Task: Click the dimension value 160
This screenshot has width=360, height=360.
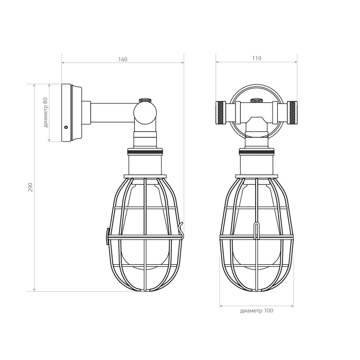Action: (122, 59)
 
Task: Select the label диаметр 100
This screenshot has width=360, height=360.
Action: (257, 311)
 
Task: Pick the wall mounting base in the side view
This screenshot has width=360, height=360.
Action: (70, 113)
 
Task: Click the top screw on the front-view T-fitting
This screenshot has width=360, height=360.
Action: (255, 100)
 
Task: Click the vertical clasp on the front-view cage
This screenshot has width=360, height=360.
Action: (256, 230)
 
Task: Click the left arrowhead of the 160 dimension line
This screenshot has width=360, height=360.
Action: (63, 63)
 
